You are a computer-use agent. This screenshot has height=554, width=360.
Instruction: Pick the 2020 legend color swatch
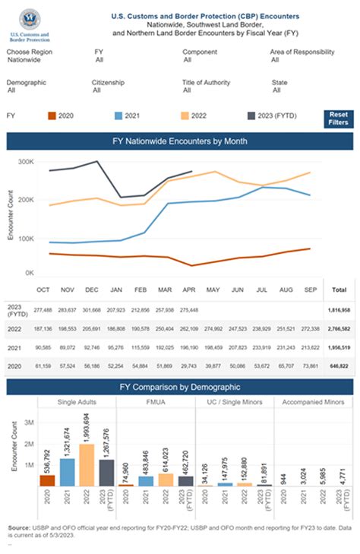(x=51, y=116)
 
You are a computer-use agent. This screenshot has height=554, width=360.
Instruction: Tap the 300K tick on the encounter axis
(x=27, y=162)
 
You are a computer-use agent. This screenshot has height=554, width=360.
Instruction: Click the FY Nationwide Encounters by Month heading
(x=180, y=141)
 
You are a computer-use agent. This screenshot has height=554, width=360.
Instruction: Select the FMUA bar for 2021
(x=146, y=480)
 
